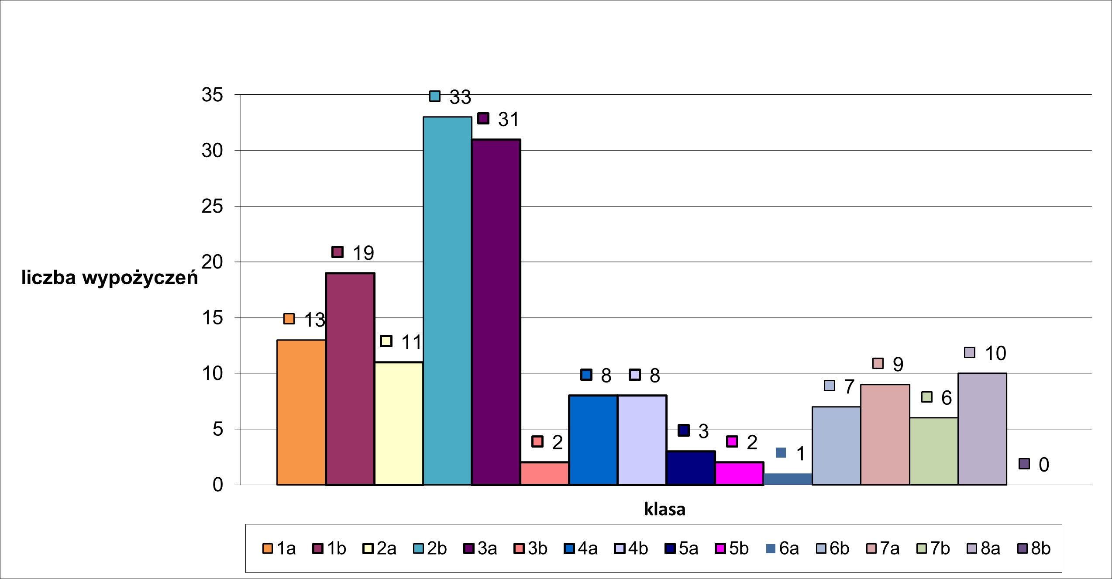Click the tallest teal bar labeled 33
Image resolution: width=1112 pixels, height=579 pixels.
point(448,301)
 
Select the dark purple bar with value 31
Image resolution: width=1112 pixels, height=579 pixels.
point(496,312)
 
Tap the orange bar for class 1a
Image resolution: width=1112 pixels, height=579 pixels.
point(301,412)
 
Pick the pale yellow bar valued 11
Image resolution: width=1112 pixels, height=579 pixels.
point(399,423)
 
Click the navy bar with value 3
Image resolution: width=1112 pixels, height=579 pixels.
point(691,468)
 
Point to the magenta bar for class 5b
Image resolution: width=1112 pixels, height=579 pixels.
point(739,473)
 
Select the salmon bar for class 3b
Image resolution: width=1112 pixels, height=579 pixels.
point(544,473)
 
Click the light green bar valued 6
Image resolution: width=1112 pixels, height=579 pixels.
point(934,451)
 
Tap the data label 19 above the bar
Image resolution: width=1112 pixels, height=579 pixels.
point(363,253)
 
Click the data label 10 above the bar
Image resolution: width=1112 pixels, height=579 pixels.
point(995,353)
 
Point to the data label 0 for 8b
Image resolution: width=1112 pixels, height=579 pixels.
point(1043,465)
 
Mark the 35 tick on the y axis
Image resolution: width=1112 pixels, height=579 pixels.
point(213,95)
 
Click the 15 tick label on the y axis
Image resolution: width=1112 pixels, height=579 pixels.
point(213,318)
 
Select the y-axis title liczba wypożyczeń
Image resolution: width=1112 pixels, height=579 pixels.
point(110,278)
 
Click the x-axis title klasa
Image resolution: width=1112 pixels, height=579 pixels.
point(664,510)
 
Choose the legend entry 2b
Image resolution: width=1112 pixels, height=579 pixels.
point(430,548)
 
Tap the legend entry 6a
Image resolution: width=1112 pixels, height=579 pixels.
point(782,548)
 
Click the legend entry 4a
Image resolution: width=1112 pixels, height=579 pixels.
point(581,548)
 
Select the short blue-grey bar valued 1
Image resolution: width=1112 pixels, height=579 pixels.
point(788,479)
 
